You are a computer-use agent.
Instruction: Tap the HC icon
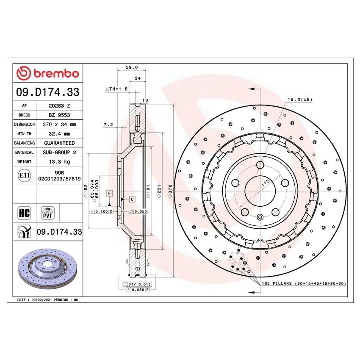[x=25, y=213]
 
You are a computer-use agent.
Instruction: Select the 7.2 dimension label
[x=108, y=125]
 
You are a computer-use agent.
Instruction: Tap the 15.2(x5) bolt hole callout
[x=300, y=100]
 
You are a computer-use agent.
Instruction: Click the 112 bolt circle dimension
[x=265, y=183]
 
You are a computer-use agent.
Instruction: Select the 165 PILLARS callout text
[x=303, y=283]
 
